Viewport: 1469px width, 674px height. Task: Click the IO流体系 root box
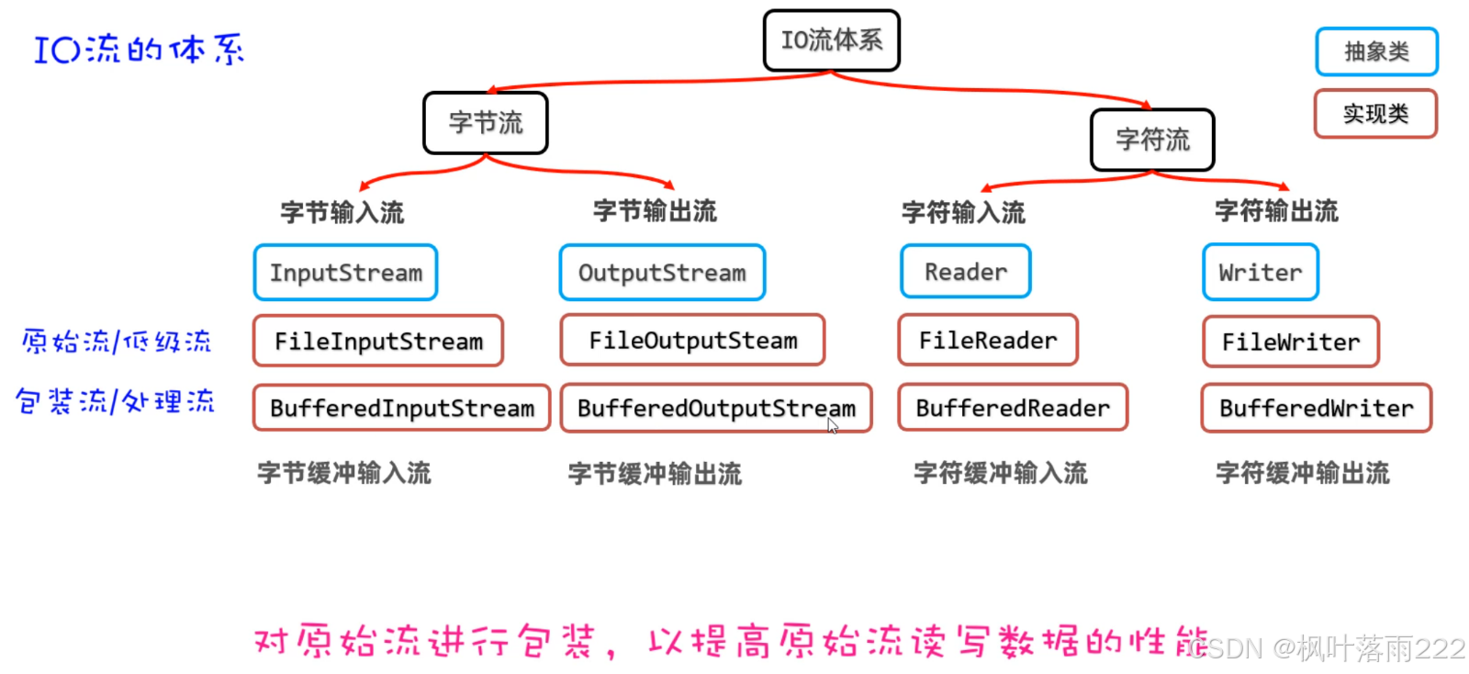(x=831, y=40)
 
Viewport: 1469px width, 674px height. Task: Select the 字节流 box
(x=485, y=122)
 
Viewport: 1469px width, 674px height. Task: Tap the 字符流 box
(x=1152, y=140)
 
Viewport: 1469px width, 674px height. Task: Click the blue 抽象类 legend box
(x=1375, y=51)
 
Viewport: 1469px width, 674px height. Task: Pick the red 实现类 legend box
(x=1374, y=114)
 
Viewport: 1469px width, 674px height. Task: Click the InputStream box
(x=345, y=273)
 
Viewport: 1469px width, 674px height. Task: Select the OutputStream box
(x=662, y=273)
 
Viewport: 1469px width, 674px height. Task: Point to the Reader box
(x=965, y=272)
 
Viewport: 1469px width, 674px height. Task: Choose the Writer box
(x=1260, y=273)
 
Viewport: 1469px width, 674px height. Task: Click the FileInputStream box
(x=378, y=341)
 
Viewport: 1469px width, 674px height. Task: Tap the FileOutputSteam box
(x=692, y=340)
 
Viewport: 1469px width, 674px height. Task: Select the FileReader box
(x=987, y=340)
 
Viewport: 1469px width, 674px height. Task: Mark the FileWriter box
(x=1290, y=342)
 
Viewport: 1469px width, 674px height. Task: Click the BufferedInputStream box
(x=401, y=408)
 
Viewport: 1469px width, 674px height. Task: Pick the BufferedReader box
(x=1012, y=408)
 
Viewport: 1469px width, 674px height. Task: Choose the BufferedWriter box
(x=1316, y=408)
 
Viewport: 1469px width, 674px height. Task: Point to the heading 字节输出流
(x=654, y=211)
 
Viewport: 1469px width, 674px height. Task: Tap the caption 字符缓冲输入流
(x=1000, y=473)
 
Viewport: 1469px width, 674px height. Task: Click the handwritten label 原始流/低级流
(x=117, y=342)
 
